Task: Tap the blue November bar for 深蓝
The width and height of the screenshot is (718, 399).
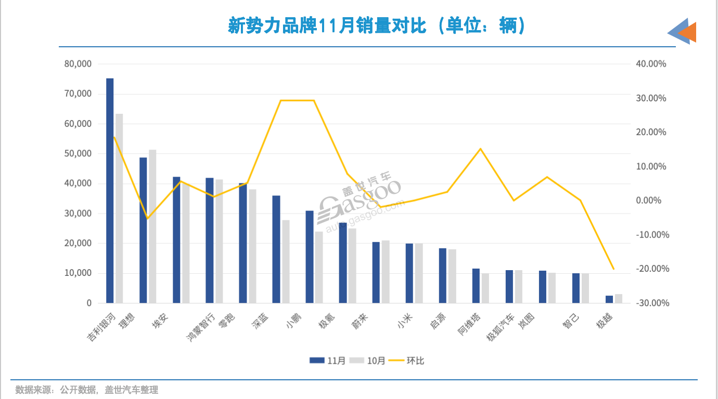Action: (x=276, y=249)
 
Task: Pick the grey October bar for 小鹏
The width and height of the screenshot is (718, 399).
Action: (x=319, y=267)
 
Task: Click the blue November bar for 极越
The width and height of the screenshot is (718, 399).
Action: (x=609, y=299)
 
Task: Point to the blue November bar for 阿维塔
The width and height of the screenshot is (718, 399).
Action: (x=476, y=286)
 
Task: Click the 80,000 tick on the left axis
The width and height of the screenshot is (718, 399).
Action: (x=78, y=64)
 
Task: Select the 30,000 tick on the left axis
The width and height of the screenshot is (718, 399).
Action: (x=78, y=214)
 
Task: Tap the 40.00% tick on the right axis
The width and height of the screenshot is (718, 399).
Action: (x=651, y=64)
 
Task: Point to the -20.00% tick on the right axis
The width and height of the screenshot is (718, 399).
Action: (x=651, y=269)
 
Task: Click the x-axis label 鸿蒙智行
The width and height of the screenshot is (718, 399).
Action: (x=200, y=327)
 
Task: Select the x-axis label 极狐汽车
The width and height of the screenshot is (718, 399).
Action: (x=500, y=327)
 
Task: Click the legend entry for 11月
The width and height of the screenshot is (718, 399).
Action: (x=327, y=361)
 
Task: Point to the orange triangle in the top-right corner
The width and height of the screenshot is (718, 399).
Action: (x=688, y=32)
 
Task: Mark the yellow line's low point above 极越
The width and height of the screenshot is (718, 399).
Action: (x=613, y=269)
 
